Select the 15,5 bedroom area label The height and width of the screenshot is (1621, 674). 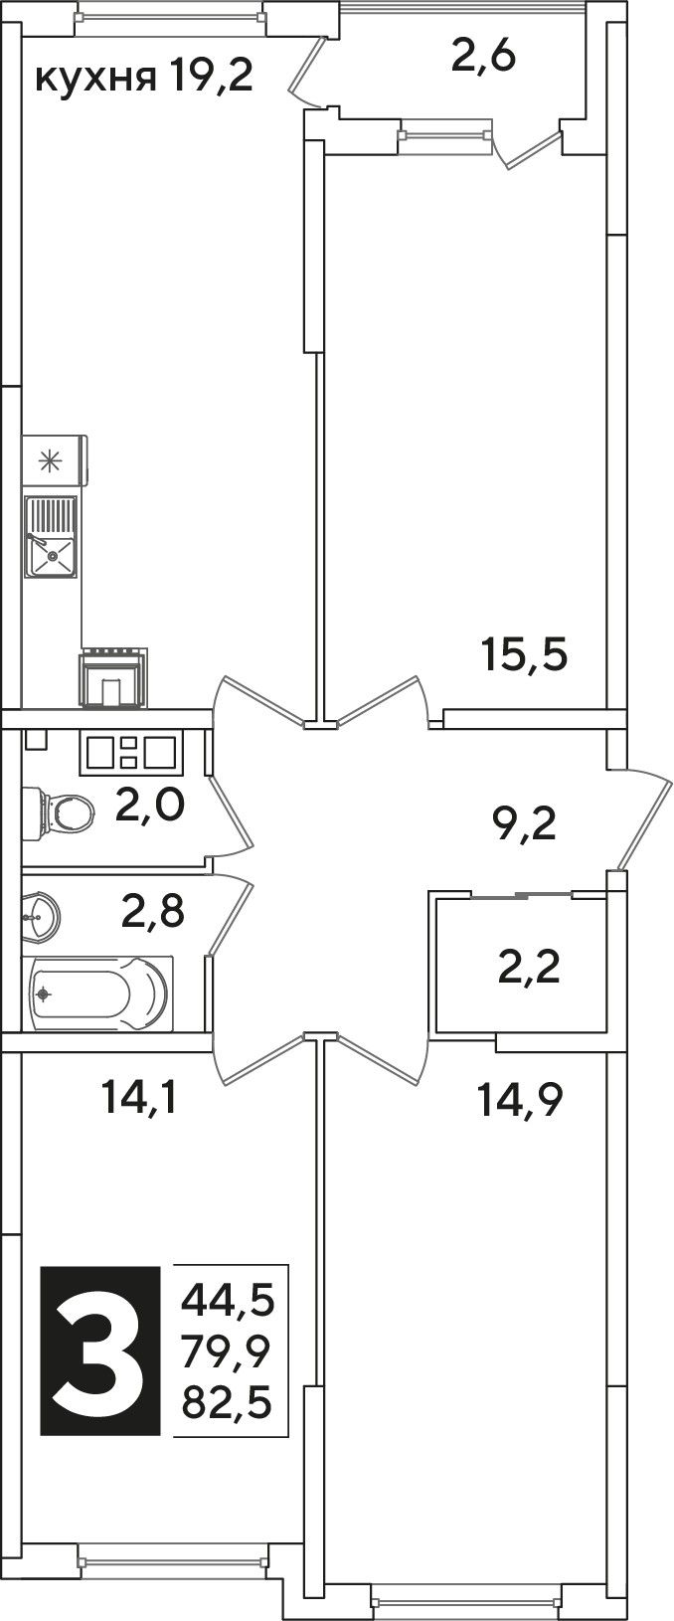click(x=524, y=654)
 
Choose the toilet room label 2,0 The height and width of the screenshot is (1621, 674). click(x=151, y=805)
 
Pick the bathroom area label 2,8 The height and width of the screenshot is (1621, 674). click(x=152, y=911)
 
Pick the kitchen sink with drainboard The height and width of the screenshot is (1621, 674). click(x=51, y=536)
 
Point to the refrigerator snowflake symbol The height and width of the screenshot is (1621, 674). click(x=50, y=461)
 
